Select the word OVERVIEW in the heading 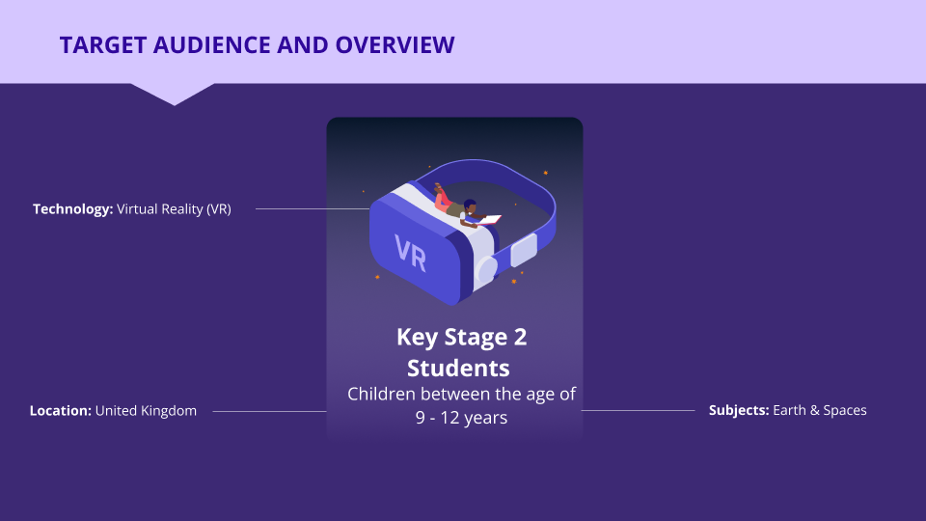coord(395,45)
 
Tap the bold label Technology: coord(72,209)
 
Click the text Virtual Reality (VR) coord(174,209)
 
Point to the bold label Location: coord(60,411)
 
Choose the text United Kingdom coord(146,411)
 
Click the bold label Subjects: coord(739,411)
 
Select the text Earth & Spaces coord(820,411)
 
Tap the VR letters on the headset coord(411,253)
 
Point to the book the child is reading coord(489,220)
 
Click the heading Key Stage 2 coord(461,338)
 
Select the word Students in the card coord(458,368)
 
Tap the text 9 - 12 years coord(461,418)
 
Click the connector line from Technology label coord(313,208)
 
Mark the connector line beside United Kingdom coord(269,411)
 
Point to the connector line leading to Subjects coord(638,410)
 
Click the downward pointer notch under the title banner coord(173,95)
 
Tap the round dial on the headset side coord(486,270)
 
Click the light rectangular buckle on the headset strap coord(524,250)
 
